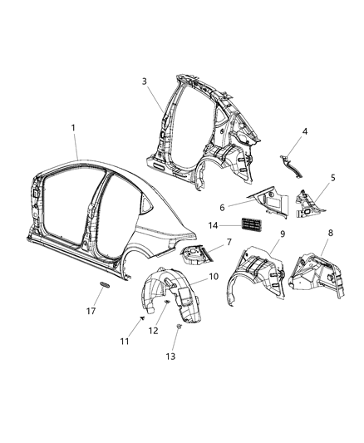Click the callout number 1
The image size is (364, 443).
click(73, 127)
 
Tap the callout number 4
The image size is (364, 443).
click(304, 131)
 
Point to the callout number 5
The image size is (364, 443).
click(333, 177)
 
